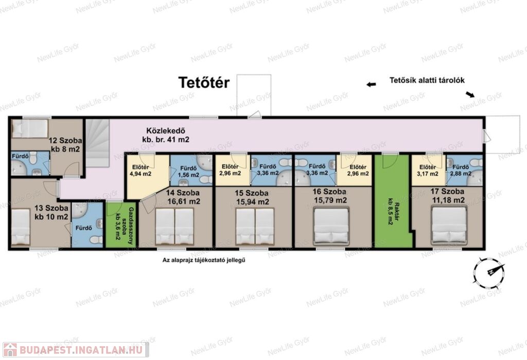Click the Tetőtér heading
click(204, 82)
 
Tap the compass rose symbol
click(489, 273)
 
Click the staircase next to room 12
click(97, 143)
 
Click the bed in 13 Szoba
click(21, 227)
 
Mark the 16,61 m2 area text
click(184, 201)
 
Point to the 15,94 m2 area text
click(252, 202)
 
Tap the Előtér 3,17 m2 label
click(428, 170)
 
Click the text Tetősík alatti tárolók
click(427, 80)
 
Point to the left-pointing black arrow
click(371, 84)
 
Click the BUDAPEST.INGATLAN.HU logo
click(76, 350)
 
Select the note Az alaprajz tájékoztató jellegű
click(204, 260)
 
